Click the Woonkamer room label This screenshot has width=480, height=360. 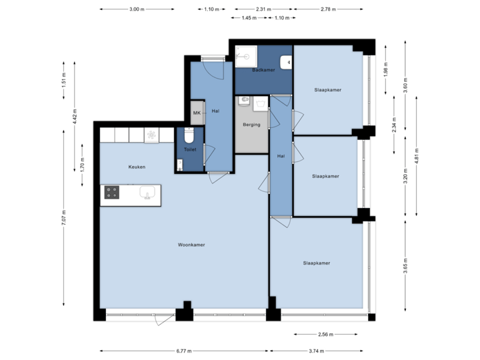191,245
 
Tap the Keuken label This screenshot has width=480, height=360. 137,167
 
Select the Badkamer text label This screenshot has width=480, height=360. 263,70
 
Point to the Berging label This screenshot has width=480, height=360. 251,125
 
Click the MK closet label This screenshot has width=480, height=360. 197,113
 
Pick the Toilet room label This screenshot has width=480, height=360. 190,150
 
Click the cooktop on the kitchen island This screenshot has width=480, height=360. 112,193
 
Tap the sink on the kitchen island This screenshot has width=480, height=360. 147,193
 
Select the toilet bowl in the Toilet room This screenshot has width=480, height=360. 189,136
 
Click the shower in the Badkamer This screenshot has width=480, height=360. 246,57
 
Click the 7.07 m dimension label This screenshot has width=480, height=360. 63,218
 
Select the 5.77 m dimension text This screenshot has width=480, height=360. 184,351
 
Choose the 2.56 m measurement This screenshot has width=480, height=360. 326,334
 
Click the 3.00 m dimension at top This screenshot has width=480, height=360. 137,9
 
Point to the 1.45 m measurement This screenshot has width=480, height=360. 249,18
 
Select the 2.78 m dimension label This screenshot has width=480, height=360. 328,9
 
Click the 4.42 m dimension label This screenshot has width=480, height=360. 75,115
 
